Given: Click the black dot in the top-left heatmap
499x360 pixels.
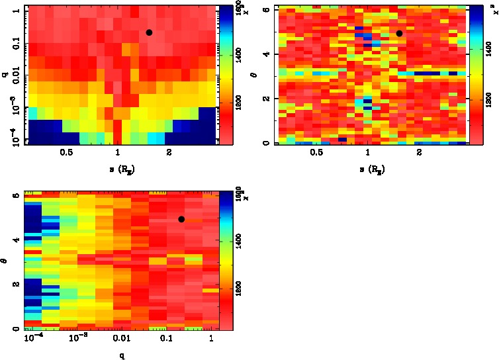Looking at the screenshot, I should [x=149, y=32].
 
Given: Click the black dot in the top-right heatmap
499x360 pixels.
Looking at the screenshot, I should [x=399, y=33].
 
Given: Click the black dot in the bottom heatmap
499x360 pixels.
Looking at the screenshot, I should [x=181, y=219].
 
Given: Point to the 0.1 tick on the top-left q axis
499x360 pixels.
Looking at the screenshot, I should [x=13, y=44].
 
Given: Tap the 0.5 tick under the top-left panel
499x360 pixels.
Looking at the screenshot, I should [x=66, y=153].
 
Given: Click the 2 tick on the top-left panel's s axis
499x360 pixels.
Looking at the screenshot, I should [x=169, y=153].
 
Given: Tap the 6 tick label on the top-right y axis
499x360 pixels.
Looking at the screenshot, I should [x=265, y=9].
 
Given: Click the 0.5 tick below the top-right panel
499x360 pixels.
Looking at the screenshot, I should [x=316, y=153].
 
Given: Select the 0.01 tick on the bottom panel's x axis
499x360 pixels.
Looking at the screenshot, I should [x=122, y=339].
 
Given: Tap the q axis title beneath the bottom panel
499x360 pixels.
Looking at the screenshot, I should [x=122, y=355].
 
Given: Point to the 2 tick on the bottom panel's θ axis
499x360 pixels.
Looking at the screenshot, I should [x=15, y=284].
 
